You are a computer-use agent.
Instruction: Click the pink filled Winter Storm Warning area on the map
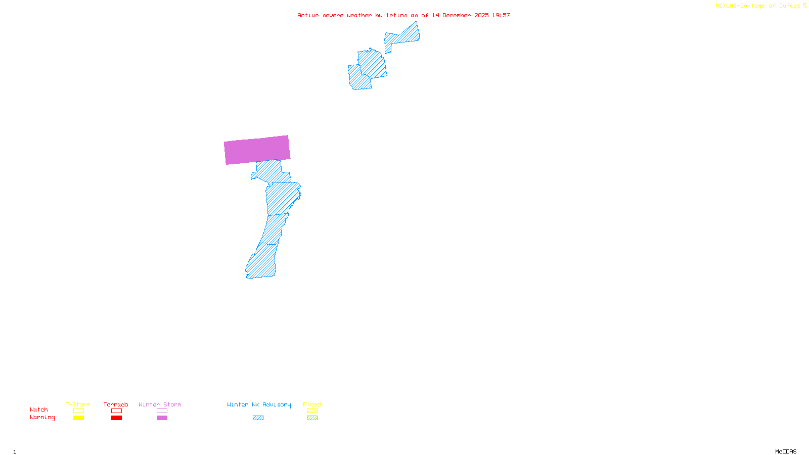pos(257,150)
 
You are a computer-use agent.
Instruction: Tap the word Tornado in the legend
pos(116,404)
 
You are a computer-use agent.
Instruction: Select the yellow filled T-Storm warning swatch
pos(78,418)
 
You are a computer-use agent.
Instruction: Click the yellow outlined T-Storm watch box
pos(78,411)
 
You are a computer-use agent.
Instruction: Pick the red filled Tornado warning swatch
pos(116,418)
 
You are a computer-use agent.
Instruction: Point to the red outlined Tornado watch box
pos(116,411)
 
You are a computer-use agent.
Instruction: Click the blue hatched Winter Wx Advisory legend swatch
pos(258,418)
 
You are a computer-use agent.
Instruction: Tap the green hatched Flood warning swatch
pos(312,418)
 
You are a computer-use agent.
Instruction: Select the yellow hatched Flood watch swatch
pos(312,411)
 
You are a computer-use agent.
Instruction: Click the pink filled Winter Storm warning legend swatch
pos(162,418)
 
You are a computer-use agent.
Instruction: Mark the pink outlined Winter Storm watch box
pos(162,411)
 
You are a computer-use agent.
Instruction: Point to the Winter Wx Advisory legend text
pos(259,404)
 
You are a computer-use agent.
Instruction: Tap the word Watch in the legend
pos(39,409)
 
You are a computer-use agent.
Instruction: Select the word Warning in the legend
pos(42,418)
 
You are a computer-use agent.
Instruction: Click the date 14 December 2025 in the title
pos(460,15)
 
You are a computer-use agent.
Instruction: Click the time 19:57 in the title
pos(501,15)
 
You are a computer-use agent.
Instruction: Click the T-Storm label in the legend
pos(78,404)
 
